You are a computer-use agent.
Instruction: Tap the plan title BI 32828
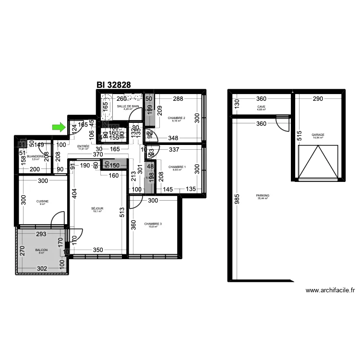click(114, 84)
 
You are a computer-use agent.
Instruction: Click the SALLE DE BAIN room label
click(128, 107)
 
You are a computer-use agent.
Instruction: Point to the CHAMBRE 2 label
click(176, 118)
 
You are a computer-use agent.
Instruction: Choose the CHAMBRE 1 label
click(176, 167)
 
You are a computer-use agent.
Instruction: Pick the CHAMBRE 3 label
click(153, 224)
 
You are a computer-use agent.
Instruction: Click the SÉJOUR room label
click(97, 209)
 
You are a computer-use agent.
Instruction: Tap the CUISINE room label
click(43, 202)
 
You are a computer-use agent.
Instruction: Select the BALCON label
click(42, 251)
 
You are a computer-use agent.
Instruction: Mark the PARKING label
click(263, 196)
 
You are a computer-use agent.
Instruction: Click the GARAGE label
click(317, 135)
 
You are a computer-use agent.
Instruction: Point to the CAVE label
click(261, 107)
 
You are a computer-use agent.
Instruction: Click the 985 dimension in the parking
click(237, 199)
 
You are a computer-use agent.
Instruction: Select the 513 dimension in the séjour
click(122, 211)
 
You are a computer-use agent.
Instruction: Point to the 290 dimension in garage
click(318, 99)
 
